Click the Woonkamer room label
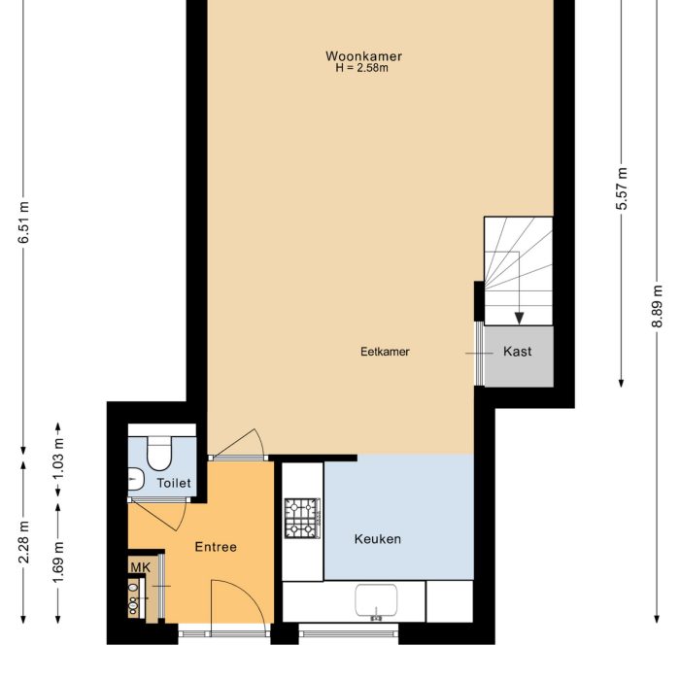click(x=363, y=56)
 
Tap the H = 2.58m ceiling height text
click(x=361, y=69)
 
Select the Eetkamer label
click(x=385, y=352)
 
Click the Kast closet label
click(x=517, y=352)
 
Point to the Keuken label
click(x=377, y=539)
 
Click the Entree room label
click(x=215, y=547)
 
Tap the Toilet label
click(x=174, y=483)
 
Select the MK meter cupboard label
click(x=140, y=565)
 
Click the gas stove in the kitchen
click(x=302, y=518)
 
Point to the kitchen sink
click(x=376, y=601)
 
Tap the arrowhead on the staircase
click(x=519, y=317)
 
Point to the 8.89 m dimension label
click(x=659, y=307)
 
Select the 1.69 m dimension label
click(x=58, y=562)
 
